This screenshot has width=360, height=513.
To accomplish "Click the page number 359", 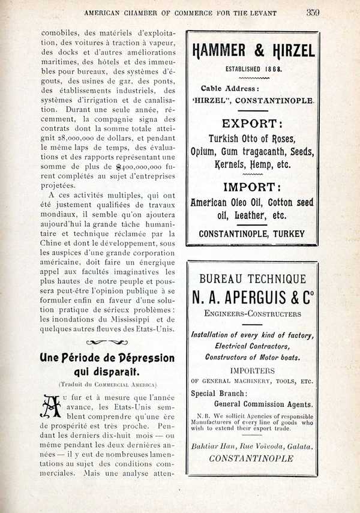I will pos(313,11).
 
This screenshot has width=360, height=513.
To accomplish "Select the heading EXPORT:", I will pos(252,124).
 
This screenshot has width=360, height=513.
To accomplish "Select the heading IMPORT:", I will pos(253,187).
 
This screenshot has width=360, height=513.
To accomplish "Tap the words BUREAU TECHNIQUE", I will pos(252,279).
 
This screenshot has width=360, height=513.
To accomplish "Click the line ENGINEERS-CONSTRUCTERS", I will pos(252,313).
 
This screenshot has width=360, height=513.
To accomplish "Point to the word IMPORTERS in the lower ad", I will pos(252,370).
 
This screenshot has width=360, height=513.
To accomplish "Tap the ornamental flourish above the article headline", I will pos(107,343).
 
